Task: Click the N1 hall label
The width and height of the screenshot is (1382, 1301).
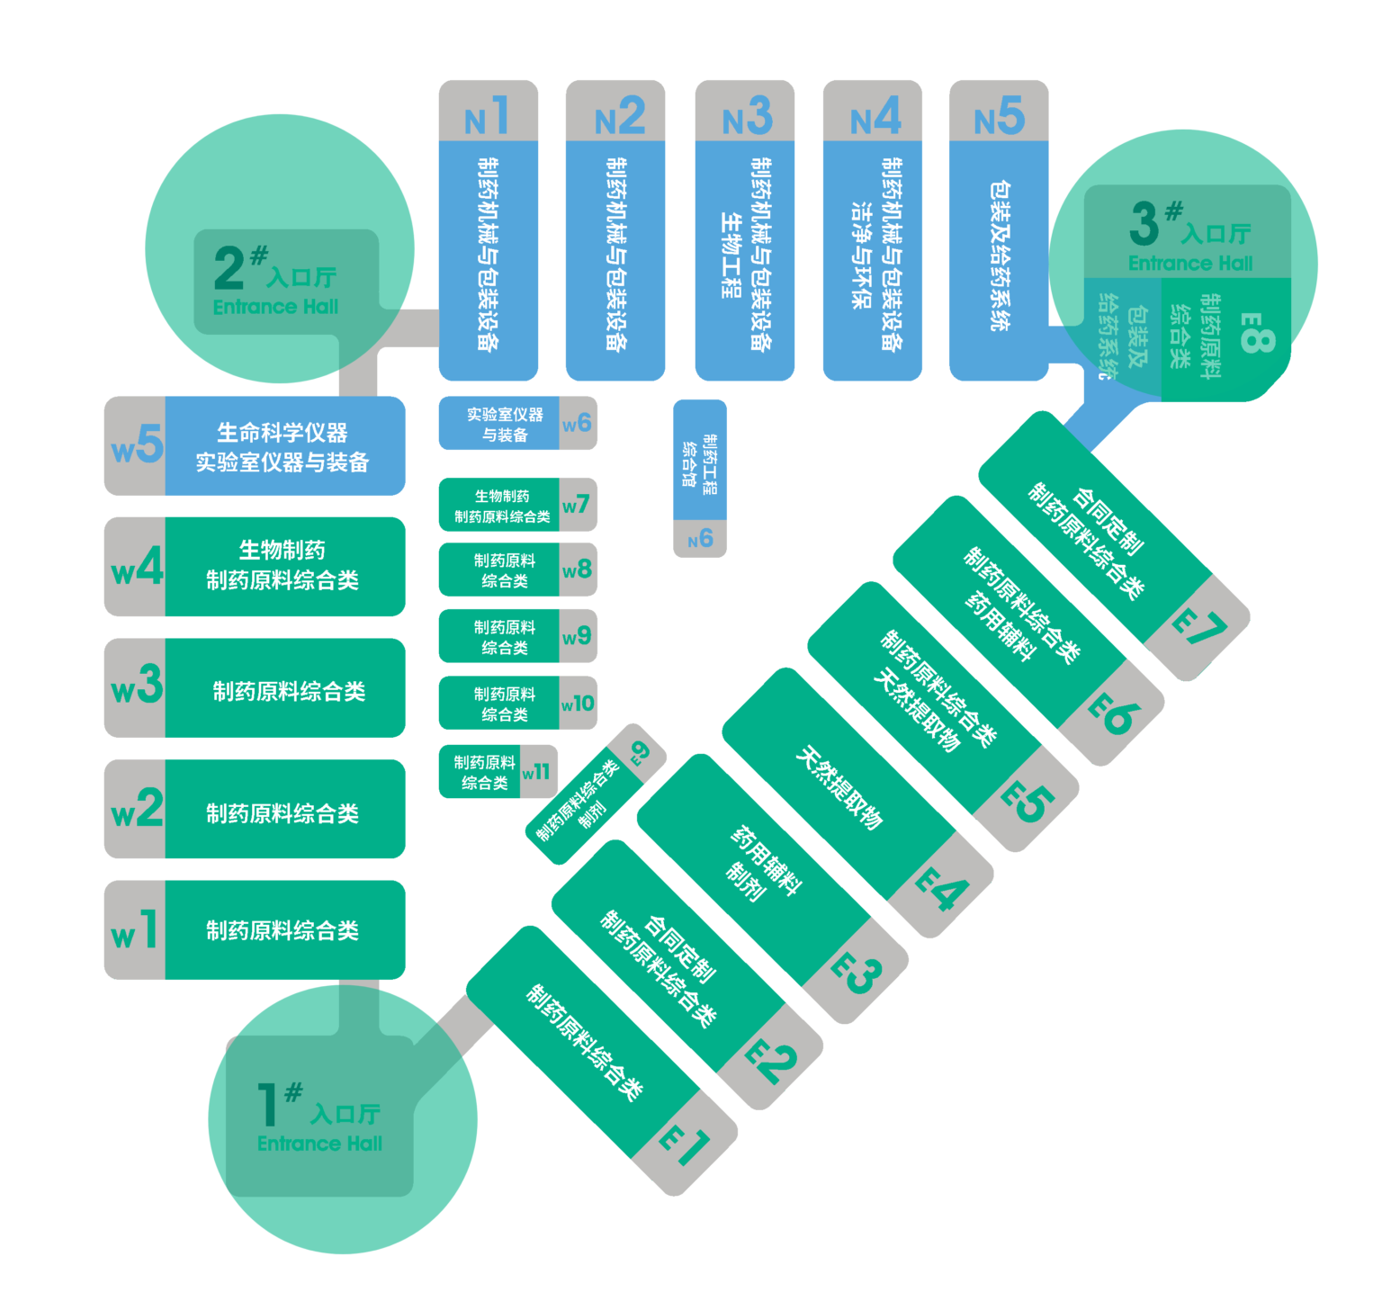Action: tap(488, 116)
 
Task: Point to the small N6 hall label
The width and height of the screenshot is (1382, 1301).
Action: tap(700, 539)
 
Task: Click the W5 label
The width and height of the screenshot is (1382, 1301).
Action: tap(136, 445)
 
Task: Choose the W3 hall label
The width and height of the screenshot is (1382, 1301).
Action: tap(136, 687)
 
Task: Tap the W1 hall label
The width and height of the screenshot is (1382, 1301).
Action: tap(135, 930)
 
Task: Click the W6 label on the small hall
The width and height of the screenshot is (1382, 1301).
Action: tap(577, 423)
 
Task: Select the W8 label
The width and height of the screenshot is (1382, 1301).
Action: tap(577, 570)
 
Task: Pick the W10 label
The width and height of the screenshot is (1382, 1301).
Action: tap(577, 703)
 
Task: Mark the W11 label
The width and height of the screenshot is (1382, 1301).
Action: tap(536, 771)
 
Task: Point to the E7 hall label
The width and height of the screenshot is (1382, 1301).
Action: tap(1198, 628)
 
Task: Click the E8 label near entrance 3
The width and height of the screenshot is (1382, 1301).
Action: tap(1258, 333)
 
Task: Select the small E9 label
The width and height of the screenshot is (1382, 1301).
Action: tap(640, 751)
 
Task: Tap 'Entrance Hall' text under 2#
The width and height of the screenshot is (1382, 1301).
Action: tap(275, 307)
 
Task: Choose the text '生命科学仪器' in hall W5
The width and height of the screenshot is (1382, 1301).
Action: tap(283, 433)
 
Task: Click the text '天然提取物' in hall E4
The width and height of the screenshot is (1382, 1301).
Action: tap(839, 787)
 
